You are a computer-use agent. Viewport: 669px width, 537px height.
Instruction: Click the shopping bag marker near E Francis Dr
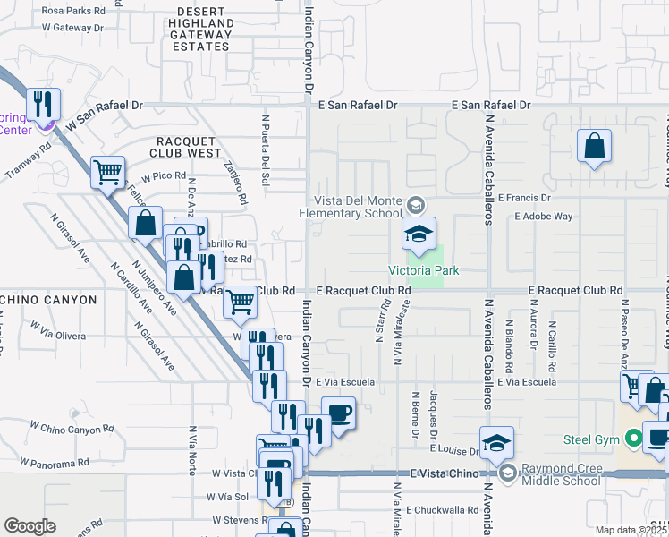(x=594, y=146)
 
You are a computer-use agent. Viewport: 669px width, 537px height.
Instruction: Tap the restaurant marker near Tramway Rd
(x=43, y=106)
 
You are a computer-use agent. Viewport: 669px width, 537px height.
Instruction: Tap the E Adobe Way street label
(x=542, y=217)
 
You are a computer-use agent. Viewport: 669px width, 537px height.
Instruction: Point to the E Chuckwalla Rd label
(x=442, y=510)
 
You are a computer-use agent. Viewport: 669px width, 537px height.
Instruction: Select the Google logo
(x=30, y=526)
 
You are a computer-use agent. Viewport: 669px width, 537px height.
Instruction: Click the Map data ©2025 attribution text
(x=631, y=530)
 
